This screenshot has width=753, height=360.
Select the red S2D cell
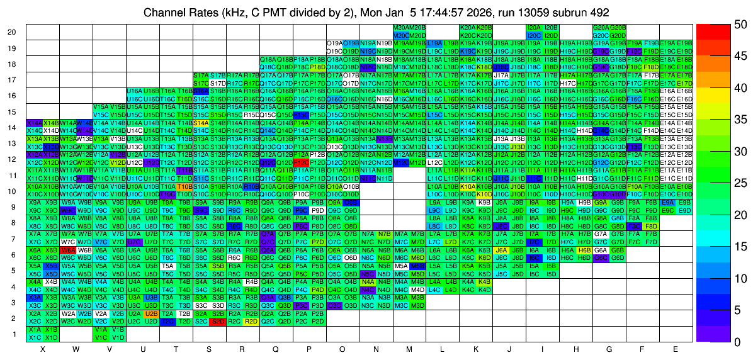tap(218, 320)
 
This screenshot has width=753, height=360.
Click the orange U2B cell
tap(151, 313)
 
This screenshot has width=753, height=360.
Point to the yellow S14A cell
tap(201, 123)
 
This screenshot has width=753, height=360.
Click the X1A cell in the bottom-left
tap(35, 329)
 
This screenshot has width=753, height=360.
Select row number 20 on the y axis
tap(11, 32)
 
